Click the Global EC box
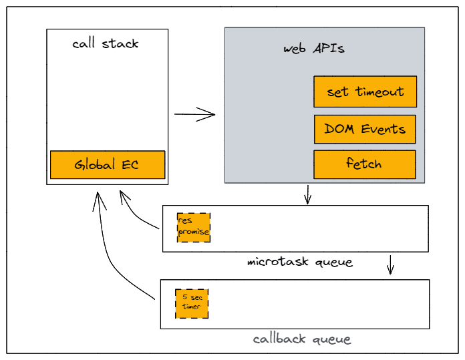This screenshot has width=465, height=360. (x=107, y=164)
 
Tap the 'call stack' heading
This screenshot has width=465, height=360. (x=106, y=44)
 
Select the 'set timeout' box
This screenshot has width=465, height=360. (x=365, y=92)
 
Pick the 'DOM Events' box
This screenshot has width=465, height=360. (x=365, y=129)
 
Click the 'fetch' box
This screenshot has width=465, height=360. (x=365, y=164)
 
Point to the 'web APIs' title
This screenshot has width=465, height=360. (x=314, y=49)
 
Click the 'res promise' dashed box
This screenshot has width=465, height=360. (x=194, y=227)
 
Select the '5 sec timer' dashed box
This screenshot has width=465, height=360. (x=192, y=303)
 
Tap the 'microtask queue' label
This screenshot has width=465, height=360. (x=299, y=261)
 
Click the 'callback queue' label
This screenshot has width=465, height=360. (x=302, y=339)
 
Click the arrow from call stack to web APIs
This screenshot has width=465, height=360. (x=195, y=114)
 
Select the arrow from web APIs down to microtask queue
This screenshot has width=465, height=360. (x=307, y=194)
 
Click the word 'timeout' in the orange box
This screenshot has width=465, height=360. (x=379, y=92)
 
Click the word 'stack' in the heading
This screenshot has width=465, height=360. (x=121, y=44)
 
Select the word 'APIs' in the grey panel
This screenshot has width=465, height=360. (x=329, y=49)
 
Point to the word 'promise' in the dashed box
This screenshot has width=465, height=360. (x=194, y=232)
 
